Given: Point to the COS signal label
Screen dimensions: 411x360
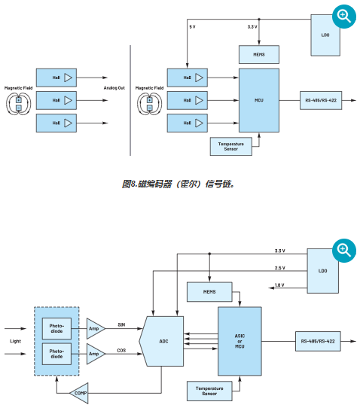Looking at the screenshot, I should (x=121, y=351).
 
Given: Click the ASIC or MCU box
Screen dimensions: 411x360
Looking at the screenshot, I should (x=239, y=341).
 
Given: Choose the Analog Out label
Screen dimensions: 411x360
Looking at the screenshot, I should (x=114, y=88).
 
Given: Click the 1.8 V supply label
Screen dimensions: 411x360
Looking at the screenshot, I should (x=279, y=285).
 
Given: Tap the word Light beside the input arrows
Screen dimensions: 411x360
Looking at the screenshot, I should (x=14, y=341).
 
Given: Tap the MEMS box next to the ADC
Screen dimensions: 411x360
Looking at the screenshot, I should (x=200, y=291).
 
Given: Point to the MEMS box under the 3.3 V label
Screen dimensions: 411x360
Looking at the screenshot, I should (x=258, y=54).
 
